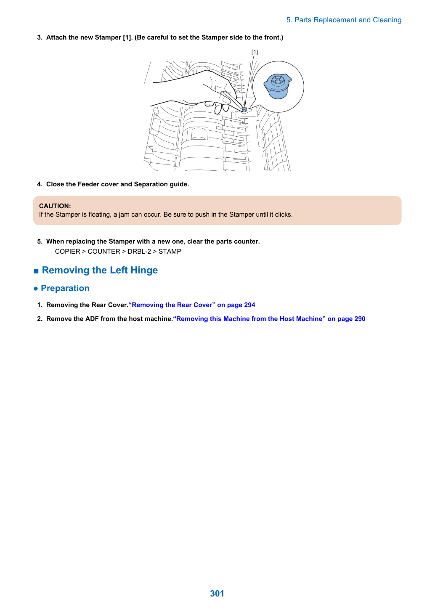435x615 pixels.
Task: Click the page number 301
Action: tap(217, 593)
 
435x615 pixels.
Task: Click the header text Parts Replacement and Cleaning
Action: tap(347, 20)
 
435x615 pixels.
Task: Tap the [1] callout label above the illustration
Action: tap(255, 52)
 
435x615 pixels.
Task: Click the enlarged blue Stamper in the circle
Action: tap(277, 86)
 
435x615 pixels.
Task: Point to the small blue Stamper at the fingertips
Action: tap(244, 110)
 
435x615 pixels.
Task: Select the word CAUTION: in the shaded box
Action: tap(55, 206)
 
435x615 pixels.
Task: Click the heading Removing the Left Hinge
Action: tap(100, 270)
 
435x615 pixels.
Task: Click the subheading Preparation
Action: tap(65, 288)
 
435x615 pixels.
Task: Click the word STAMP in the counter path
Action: tap(170, 252)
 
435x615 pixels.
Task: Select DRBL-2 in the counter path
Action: tap(139, 252)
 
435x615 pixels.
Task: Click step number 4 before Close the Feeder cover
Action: tap(40, 184)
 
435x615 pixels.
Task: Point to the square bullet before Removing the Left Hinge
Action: tap(36, 271)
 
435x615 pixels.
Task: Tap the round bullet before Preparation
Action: tap(35, 289)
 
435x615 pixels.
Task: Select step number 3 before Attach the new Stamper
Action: tap(40, 37)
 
